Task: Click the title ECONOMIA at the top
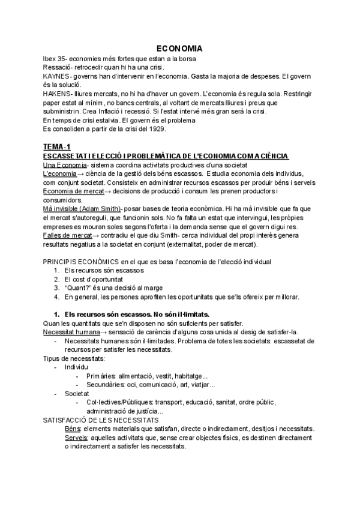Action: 179,47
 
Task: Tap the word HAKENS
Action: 57,94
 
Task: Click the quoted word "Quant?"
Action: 80,288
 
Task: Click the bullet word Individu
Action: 76,367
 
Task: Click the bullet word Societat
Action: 77,393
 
